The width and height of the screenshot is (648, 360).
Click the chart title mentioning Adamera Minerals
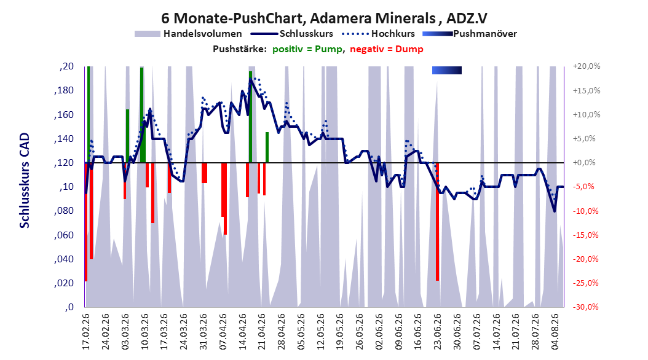324,18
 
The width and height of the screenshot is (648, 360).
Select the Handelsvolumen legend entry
188,34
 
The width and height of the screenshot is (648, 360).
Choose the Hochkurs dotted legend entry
379,34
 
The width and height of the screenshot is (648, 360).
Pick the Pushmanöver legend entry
470,34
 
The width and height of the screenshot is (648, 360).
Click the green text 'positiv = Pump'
307,49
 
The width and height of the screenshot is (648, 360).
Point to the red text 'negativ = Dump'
387,49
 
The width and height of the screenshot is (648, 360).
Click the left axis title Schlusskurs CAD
25,181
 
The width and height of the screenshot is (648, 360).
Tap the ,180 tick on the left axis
64,90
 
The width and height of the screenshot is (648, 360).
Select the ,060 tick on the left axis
64,235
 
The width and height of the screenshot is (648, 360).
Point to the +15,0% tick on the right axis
587,90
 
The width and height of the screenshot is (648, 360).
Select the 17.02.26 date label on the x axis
86,331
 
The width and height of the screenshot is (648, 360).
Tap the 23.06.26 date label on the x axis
438,331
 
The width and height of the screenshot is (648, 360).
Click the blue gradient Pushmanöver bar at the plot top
447,71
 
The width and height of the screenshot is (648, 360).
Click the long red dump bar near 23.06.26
437,222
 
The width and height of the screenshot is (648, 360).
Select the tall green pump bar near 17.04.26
250,117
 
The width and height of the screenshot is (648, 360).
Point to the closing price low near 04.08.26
555,211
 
